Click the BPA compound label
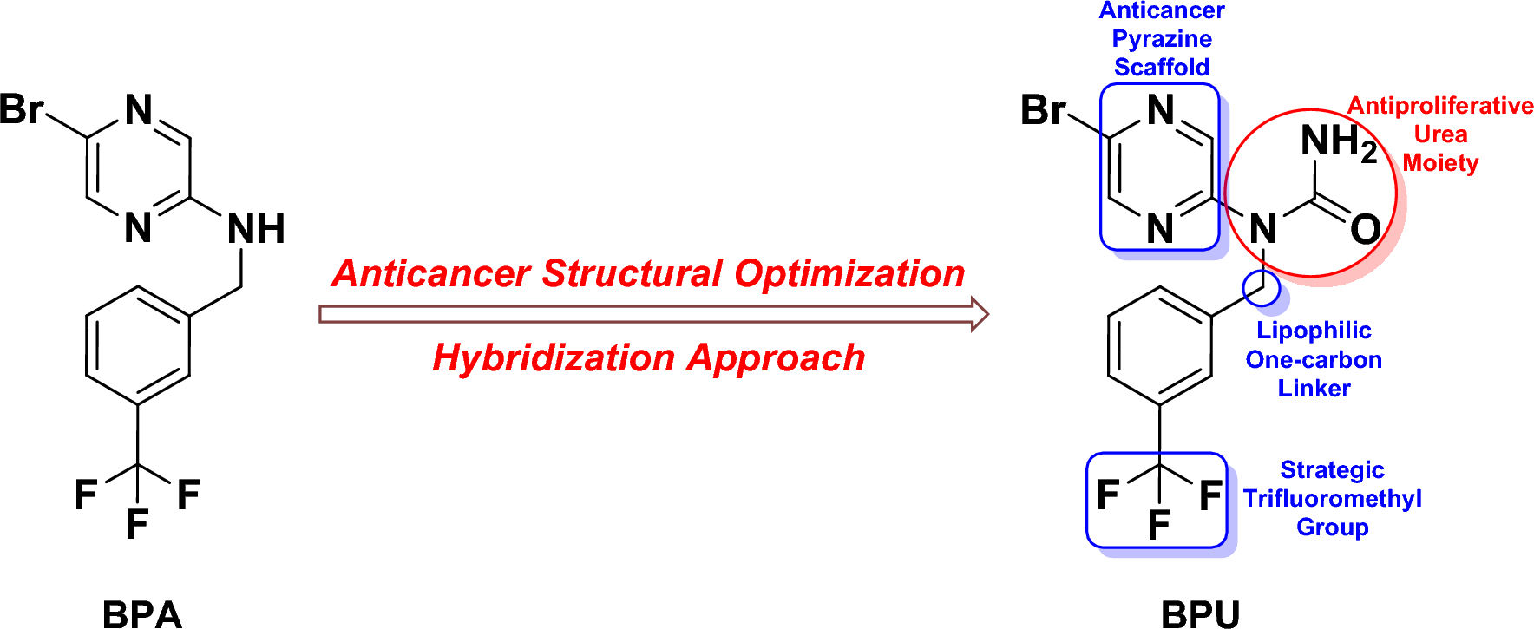pyautogui.click(x=142, y=613)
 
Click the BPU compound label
pyautogui.click(x=1200, y=613)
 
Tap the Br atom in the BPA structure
pyautogui.click(x=22, y=110)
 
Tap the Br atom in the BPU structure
pyautogui.click(x=1043, y=110)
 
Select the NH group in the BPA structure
pyautogui.click(x=256, y=230)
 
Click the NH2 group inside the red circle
pyautogui.click(x=1338, y=141)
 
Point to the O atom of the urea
pyautogui.click(x=1366, y=230)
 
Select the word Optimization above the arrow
pyautogui.click(x=849, y=273)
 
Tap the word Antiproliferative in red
pyautogui.click(x=1440, y=106)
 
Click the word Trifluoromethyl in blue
pyautogui.click(x=1332, y=499)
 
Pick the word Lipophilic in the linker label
pyautogui.click(x=1314, y=331)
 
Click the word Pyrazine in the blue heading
pyautogui.click(x=1162, y=39)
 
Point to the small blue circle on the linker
pyautogui.click(x=1261, y=288)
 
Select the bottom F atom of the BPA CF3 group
pyautogui.click(x=137, y=524)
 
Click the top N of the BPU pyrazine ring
pyautogui.click(x=1160, y=110)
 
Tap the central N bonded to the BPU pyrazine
pyautogui.click(x=1263, y=230)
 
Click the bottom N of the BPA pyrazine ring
pyautogui.click(x=138, y=228)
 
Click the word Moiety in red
pyautogui.click(x=1440, y=163)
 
